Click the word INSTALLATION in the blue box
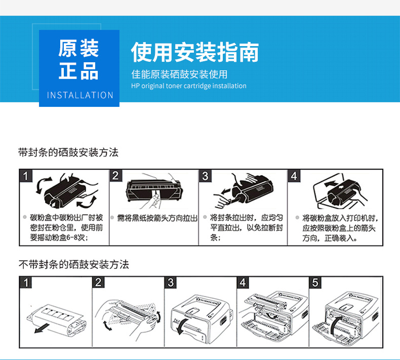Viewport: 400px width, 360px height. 80,95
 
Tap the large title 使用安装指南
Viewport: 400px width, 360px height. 195,52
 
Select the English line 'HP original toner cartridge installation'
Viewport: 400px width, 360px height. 189,86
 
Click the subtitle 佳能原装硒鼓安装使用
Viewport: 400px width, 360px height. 179,74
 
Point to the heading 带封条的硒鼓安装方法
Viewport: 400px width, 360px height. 68,152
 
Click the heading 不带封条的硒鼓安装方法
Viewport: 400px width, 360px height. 74,264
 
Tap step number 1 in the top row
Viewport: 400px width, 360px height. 26,176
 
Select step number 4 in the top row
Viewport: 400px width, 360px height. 294,176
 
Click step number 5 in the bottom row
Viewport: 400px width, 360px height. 315,283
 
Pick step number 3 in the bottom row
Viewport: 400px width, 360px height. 171,283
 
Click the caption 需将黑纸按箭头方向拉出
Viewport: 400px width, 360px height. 157,218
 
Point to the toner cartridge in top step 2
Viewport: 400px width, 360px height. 153,190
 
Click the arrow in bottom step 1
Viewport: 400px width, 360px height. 42,328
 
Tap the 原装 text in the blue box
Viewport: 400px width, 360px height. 78,48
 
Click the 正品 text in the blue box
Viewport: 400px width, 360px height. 78,70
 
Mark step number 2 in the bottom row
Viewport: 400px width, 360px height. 98,283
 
